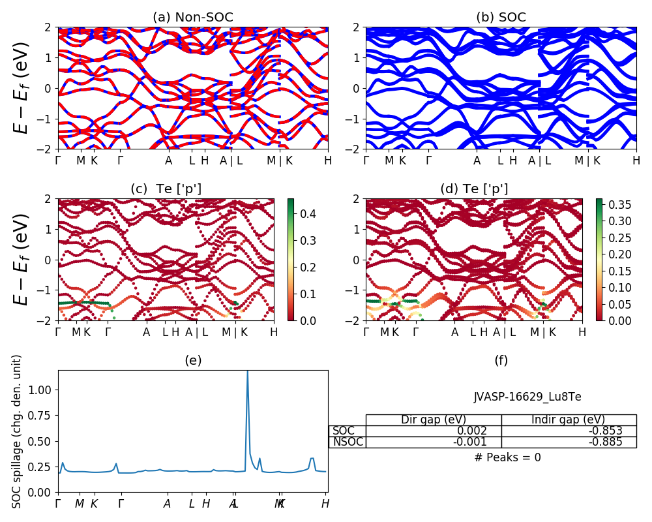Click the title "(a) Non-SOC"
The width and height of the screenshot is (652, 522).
(192, 18)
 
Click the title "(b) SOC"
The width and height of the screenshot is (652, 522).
(501, 18)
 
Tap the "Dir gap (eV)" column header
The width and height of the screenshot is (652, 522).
(434, 420)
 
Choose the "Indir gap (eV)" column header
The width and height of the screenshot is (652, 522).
(569, 420)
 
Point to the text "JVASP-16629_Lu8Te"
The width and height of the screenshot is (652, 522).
(527, 397)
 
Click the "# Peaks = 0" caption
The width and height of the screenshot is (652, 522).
(507, 458)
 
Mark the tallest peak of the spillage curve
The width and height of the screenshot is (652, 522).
(247, 371)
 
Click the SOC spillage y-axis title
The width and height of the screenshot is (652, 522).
(18, 431)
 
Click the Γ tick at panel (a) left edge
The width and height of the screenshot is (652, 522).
(58, 161)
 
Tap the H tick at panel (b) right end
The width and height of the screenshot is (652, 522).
(636, 161)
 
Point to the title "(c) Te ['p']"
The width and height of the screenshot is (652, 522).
(166, 189)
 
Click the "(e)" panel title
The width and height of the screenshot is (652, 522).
(192, 360)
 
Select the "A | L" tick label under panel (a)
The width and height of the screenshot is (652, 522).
(231, 161)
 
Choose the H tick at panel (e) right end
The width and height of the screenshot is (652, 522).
(325, 504)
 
